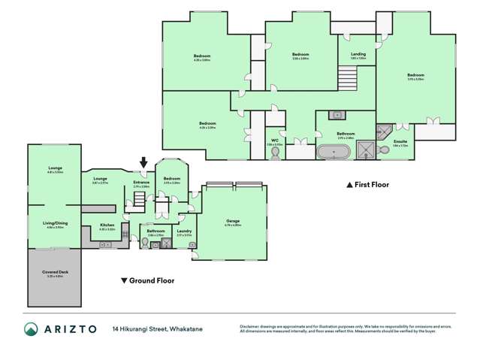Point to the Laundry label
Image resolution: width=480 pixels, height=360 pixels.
(184, 231)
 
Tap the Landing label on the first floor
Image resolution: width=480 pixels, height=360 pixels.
(358, 54)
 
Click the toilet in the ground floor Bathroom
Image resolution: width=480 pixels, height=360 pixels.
(145, 243)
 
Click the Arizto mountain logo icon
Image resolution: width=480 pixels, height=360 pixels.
(32, 329)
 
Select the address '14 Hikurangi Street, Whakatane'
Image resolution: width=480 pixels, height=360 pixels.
(158, 329)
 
